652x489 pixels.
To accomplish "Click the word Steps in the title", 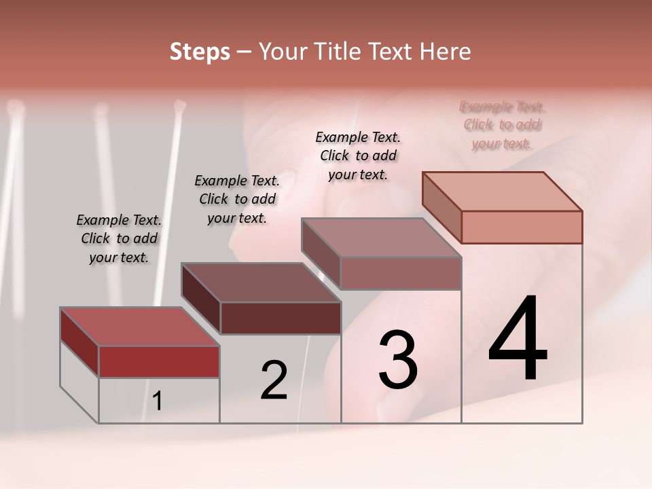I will click(200, 52).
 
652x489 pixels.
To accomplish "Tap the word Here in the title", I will click(445, 52).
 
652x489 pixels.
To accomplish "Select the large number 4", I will click(518, 339).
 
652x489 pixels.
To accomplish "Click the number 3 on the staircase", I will click(398, 360).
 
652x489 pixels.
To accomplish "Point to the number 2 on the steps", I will click(274, 380).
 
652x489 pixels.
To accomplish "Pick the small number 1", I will click(158, 401).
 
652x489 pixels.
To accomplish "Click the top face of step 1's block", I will click(139, 326).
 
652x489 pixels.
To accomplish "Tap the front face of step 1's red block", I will click(159, 361).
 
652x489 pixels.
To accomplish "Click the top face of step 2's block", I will click(261, 283).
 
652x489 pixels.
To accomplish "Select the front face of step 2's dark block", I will click(280, 318).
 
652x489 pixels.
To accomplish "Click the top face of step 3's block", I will click(382, 238).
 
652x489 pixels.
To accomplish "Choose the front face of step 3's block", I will click(401, 273).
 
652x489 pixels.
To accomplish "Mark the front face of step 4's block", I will click(522, 227).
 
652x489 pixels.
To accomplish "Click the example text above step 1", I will click(119, 238).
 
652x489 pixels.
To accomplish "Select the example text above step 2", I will click(237, 199).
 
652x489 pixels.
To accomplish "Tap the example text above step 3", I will click(358, 156).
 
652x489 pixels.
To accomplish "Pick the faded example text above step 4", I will click(503, 125).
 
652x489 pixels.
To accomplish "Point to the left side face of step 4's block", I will click(441, 204).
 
